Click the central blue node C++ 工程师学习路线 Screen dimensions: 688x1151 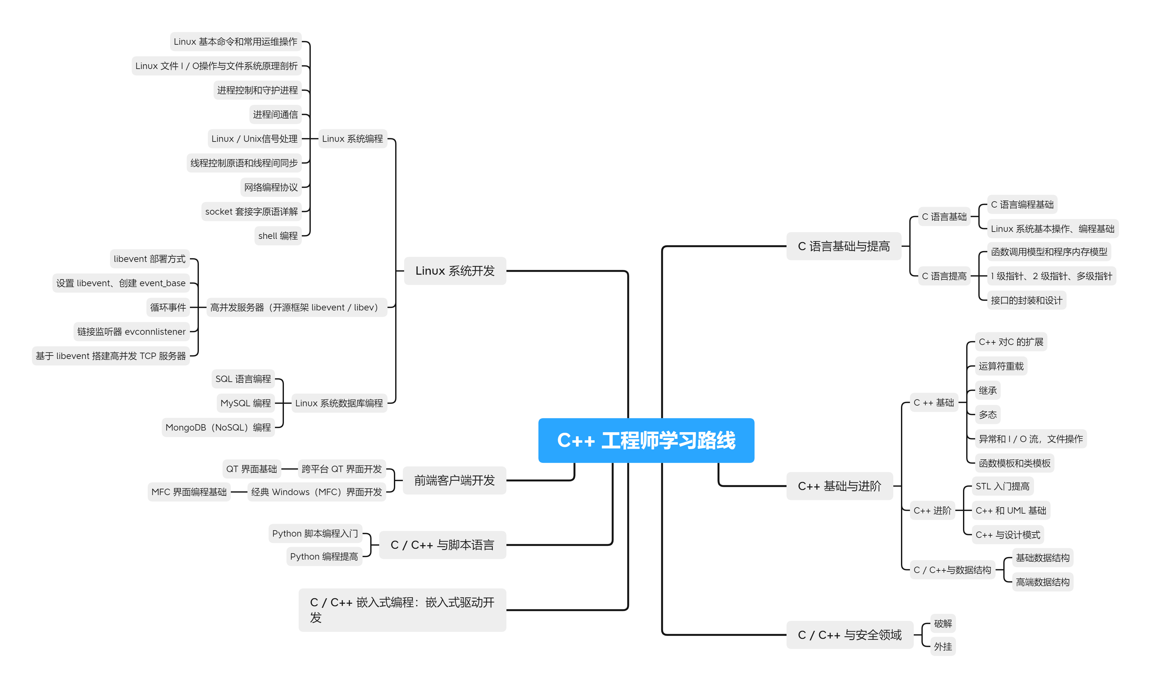click(646, 440)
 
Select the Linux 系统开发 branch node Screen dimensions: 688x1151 click(455, 271)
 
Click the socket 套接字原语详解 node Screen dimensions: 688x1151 click(251, 211)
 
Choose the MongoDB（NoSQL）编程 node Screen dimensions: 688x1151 click(218, 427)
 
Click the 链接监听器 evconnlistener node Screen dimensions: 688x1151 click(131, 332)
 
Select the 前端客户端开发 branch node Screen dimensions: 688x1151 click(454, 480)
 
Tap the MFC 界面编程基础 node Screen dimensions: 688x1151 click(189, 492)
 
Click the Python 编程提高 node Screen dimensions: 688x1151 click(324, 556)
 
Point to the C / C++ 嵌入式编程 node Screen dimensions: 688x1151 click(402, 610)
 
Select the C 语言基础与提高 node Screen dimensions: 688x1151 click(843, 246)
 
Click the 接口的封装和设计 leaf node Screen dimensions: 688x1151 click(1026, 301)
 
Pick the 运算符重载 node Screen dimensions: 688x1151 click(1001, 366)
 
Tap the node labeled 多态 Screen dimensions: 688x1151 click(987, 415)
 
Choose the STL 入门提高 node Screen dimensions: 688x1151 click(1002, 486)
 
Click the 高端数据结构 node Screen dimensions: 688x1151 click(1042, 582)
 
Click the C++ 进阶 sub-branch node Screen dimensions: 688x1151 click(932, 510)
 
